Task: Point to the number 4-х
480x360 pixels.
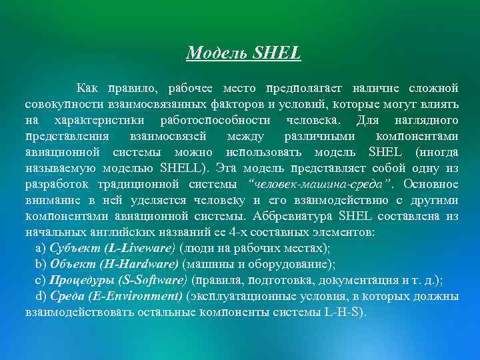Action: [234, 231]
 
